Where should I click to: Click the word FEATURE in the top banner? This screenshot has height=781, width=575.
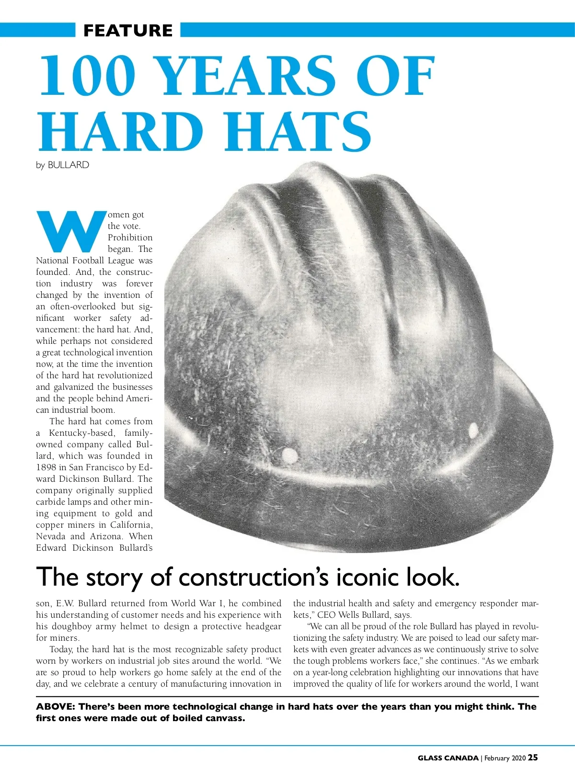point(127,31)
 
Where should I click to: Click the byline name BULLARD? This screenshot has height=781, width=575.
point(68,165)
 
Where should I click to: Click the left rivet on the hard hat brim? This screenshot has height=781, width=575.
point(289,454)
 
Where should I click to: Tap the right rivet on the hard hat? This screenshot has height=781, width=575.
point(473,428)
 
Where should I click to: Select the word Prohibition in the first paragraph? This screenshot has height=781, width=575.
point(130,238)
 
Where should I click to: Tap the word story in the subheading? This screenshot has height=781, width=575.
point(115,578)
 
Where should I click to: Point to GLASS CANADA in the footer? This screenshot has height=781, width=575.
point(448,758)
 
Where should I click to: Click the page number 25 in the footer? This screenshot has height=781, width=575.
point(533,758)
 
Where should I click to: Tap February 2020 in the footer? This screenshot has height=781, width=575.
point(505,758)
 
